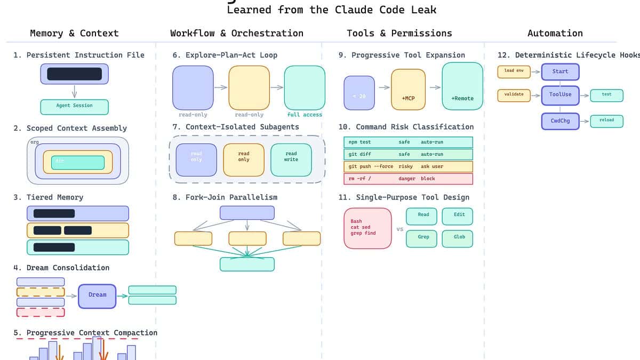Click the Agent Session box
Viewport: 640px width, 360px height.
tap(75, 107)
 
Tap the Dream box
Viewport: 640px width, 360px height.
tap(97, 296)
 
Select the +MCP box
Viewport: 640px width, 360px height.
tap(408, 89)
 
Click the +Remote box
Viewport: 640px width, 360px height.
tap(462, 86)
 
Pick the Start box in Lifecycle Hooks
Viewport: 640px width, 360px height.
tap(560, 71)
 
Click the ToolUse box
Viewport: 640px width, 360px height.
tap(560, 95)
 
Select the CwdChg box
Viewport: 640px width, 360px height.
tap(560, 121)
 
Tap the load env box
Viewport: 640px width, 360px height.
tap(514, 71)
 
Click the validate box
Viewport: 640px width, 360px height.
tap(514, 95)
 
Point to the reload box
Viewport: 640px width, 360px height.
tap(606, 121)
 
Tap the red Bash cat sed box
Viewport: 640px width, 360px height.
tap(367, 228)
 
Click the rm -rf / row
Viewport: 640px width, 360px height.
tap(408, 179)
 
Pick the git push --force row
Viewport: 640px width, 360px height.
tap(408, 166)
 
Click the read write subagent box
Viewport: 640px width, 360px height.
tap(291, 159)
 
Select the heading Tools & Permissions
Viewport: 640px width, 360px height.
tap(399, 33)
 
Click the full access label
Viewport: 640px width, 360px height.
tap(305, 115)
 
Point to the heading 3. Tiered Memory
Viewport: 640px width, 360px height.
tap(49, 197)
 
